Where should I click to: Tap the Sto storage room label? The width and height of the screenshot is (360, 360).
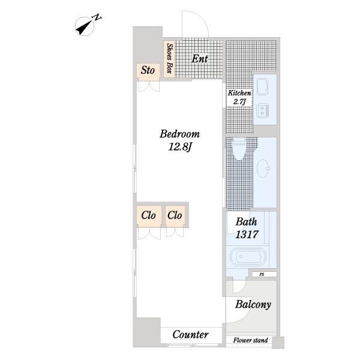148,70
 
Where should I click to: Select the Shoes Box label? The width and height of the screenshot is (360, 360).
169,58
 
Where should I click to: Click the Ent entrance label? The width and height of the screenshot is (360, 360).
200,59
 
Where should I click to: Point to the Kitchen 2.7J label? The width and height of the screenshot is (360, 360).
239,97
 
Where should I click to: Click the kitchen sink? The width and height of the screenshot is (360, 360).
262,86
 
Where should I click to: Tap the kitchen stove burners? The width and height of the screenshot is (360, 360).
262,110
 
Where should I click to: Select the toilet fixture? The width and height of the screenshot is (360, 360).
239,148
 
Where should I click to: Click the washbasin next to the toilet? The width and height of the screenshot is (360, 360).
263,168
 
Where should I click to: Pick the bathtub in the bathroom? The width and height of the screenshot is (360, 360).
248,256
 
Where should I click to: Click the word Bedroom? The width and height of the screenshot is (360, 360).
180,134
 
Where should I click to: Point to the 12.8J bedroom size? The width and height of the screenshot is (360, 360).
180,147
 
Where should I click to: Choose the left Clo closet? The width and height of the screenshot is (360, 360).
149,215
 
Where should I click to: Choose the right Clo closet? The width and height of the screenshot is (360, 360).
175,215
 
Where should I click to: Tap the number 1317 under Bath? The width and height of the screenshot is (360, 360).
247,235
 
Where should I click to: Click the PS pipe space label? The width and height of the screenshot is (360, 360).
262,274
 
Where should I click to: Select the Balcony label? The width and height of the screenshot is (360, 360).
253,305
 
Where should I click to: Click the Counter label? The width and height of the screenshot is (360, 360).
191,335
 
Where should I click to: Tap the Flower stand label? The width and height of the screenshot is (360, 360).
250,340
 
